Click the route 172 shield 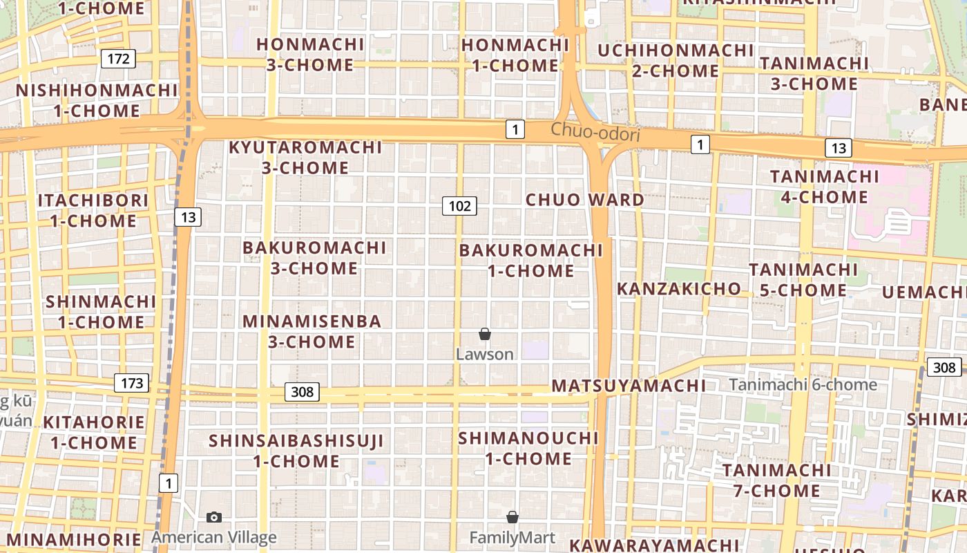coord(118,59)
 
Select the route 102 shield coord(459,205)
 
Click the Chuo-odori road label coord(595,133)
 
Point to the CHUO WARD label coord(584,200)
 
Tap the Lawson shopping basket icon coord(485,335)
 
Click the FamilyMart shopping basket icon coord(513,517)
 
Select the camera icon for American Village coord(214,517)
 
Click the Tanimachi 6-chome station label coord(803,385)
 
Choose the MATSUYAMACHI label coord(629,386)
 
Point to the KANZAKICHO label coord(678,288)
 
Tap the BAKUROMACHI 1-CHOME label coord(530,260)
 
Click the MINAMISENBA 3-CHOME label coord(312,331)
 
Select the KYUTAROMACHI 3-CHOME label coord(305,157)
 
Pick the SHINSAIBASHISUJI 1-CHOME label coord(296,450)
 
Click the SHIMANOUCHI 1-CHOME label coord(528,448)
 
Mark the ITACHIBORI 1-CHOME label coord(93,210)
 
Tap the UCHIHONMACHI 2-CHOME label coord(676,60)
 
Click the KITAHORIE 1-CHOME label coord(94,432)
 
